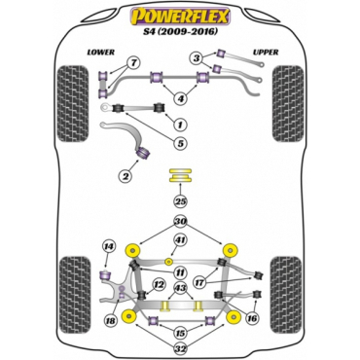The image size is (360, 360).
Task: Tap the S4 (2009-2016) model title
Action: click(180, 33)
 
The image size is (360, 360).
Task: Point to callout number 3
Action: click(197, 58)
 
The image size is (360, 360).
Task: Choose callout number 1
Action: click(179, 124)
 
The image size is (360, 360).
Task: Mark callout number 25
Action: click(179, 201)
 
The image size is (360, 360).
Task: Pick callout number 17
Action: click(198, 283)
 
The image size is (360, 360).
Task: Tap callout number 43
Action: click(179, 289)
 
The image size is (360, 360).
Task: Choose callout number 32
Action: click(179, 347)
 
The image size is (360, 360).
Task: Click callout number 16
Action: click(254, 317)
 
